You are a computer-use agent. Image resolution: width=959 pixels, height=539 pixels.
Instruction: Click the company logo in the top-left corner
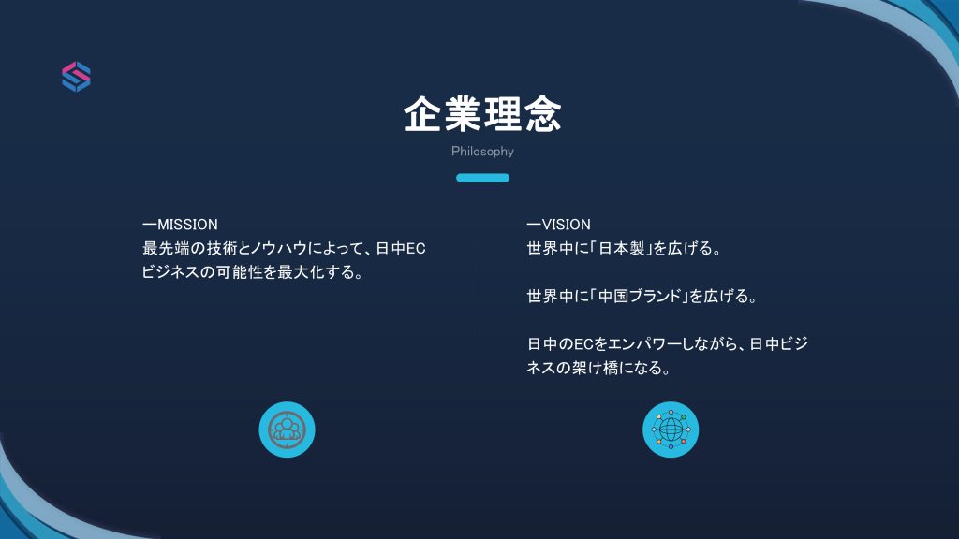pos(76,77)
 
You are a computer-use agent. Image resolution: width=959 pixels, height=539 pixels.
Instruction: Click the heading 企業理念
pos(482,113)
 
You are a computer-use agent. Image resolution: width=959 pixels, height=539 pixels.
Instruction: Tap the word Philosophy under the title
pos(482,152)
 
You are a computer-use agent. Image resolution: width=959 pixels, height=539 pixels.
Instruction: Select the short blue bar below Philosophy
pos(482,178)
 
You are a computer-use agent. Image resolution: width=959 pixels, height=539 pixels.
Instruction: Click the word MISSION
pos(187,225)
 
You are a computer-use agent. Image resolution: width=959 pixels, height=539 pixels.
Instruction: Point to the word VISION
pos(567,225)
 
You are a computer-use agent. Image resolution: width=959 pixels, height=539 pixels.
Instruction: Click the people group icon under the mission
pos(287,429)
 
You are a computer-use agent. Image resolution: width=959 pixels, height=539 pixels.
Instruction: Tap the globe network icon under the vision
pos(671,429)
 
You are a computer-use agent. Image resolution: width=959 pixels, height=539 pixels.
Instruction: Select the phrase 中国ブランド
pos(639,297)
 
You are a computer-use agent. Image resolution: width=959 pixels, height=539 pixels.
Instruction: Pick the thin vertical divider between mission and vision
pos(479,286)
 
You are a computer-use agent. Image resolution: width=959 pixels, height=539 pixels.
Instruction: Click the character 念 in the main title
pos(543,113)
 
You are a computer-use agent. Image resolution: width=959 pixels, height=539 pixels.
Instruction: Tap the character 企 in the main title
pos(422,113)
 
